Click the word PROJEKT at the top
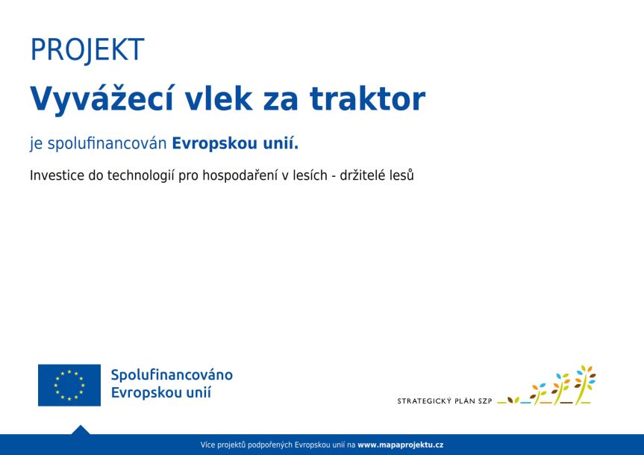click(x=87, y=50)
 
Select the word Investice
click(x=57, y=176)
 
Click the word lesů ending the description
click(x=401, y=176)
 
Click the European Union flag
click(x=69, y=385)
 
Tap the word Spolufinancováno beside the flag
click(x=172, y=374)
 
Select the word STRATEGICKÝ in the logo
click(x=426, y=401)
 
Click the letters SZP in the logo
click(x=484, y=401)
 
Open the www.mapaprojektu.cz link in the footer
click(x=401, y=445)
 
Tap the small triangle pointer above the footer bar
click(x=81, y=430)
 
